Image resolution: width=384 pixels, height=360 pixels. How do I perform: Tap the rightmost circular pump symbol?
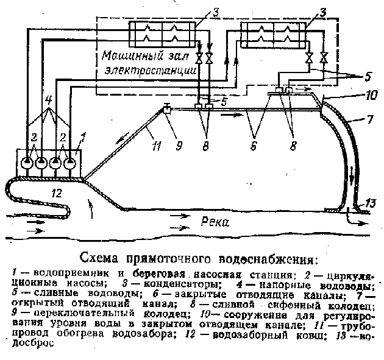(70, 163)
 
